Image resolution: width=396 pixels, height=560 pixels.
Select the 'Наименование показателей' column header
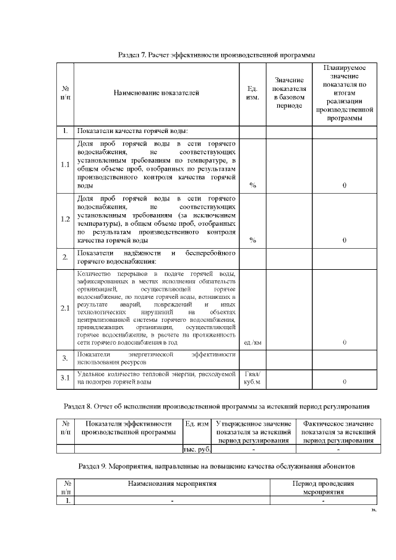click(x=156, y=93)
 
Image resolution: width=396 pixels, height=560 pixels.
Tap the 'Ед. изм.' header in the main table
click(x=252, y=93)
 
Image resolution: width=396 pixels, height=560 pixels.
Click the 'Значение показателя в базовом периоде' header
click(x=289, y=93)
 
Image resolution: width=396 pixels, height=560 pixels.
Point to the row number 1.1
click(x=65, y=165)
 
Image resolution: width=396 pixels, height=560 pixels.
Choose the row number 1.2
click(x=65, y=219)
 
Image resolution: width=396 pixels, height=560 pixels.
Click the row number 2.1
click(x=65, y=308)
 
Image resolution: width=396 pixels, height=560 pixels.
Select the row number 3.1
click(x=65, y=378)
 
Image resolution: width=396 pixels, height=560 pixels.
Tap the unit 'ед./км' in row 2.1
click(x=252, y=342)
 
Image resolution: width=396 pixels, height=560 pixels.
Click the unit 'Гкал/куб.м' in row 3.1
click(x=252, y=378)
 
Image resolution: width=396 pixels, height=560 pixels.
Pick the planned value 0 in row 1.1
click(x=344, y=185)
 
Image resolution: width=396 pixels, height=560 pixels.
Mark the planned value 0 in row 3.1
click(x=344, y=382)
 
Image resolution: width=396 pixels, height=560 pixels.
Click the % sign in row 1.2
click(x=252, y=240)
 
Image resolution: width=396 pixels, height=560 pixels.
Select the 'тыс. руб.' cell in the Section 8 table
click(x=196, y=449)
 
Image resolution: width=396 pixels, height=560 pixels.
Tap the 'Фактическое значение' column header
click(x=338, y=432)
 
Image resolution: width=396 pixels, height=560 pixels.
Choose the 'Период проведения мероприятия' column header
click(x=323, y=486)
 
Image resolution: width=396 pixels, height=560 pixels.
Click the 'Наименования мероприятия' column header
click(x=172, y=482)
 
